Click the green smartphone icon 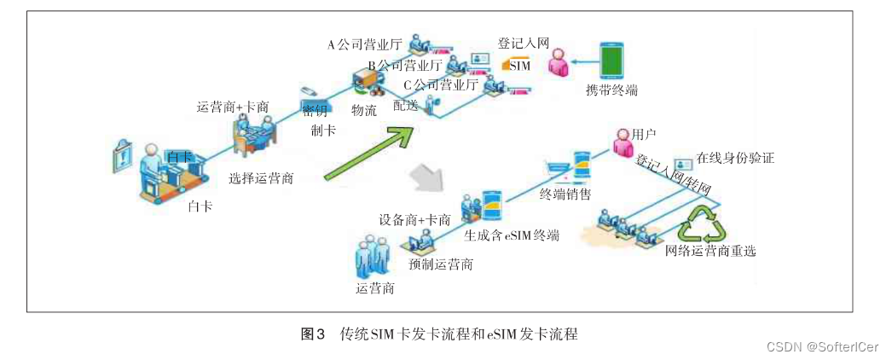[611, 61]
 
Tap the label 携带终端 [611, 90]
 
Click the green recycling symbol [702, 226]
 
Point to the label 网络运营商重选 [710, 251]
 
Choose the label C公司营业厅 [440, 84]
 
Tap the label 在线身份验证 [735, 158]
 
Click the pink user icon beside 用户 [620, 142]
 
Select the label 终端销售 [565, 195]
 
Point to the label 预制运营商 [441, 264]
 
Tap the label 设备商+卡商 [415, 219]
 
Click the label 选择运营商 [262, 178]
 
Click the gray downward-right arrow [426, 177]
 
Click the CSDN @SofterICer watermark [824, 346]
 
